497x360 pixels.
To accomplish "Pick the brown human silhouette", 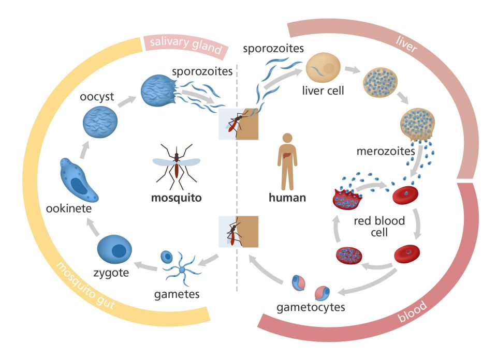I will pos(287,161).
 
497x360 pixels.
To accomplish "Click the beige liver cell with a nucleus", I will pos(323,68).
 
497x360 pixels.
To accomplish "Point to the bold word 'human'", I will pos(287,197).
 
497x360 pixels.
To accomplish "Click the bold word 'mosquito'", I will pos(177,197).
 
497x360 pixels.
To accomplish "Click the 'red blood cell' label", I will pos(379,226).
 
